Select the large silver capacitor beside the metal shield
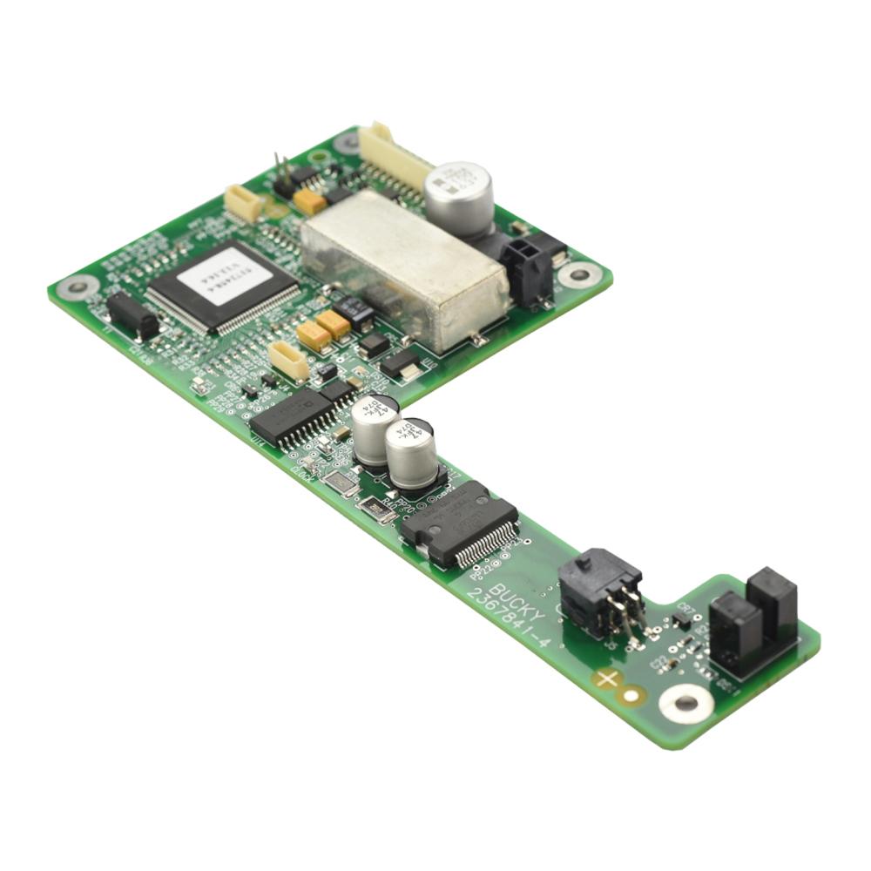[459, 198]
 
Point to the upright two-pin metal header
[281, 172]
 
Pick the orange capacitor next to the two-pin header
[309, 202]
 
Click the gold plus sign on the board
[606, 677]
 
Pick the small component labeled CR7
[681, 620]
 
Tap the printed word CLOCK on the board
[302, 475]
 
